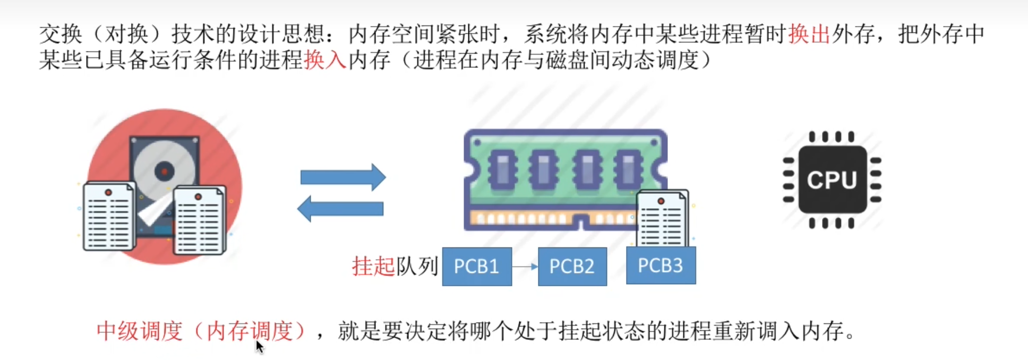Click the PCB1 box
(476, 266)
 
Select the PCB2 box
(572, 266)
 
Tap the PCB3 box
(661, 265)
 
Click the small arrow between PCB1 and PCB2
(525, 266)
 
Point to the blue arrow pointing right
(343, 177)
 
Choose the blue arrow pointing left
(340, 209)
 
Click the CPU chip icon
(832, 180)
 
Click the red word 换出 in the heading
(809, 35)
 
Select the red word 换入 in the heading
(325, 60)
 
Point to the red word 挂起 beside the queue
(373, 266)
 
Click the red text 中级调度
(140, 331)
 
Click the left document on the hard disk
(108, 216)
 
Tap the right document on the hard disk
(199, 220)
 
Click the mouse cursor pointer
(259, 346)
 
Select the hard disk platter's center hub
(164, 172)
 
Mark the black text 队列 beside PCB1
(417, 266)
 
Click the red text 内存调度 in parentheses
(250, 331)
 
